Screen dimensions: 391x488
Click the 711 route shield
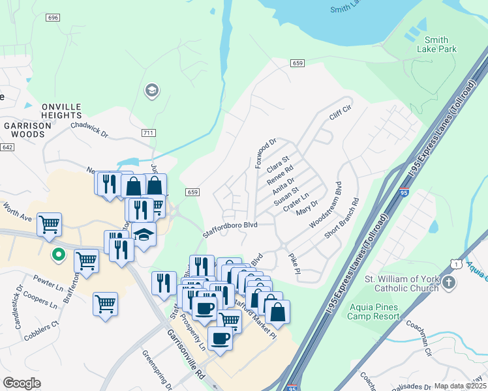148,133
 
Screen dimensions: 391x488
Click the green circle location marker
58,255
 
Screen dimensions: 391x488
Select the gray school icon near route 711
152,90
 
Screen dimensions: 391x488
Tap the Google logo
22,383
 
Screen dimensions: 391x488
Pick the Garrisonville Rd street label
186,355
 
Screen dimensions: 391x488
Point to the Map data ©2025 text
460,386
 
